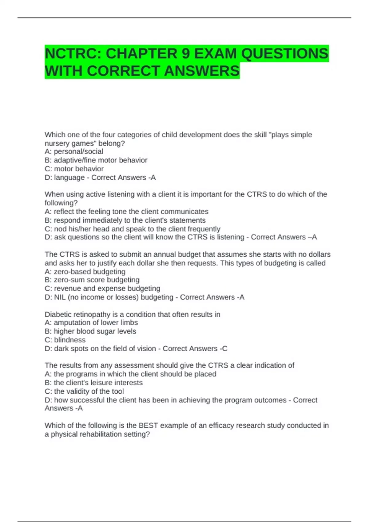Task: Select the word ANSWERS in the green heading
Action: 202,71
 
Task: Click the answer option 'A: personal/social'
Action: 74,151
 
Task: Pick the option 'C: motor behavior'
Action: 74,169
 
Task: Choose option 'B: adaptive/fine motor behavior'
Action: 96,160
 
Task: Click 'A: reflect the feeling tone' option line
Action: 126,212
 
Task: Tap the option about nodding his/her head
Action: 132,229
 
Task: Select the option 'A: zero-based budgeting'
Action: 85,271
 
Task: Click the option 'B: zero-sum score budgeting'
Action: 92,280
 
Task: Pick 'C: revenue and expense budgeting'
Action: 102,288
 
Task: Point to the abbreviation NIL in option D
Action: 60,297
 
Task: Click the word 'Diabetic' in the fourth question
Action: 58,314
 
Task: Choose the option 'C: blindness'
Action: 65,340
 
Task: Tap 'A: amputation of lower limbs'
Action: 91,322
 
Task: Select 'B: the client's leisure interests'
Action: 93,383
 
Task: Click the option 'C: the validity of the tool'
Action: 84,391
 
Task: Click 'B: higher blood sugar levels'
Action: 90,331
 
